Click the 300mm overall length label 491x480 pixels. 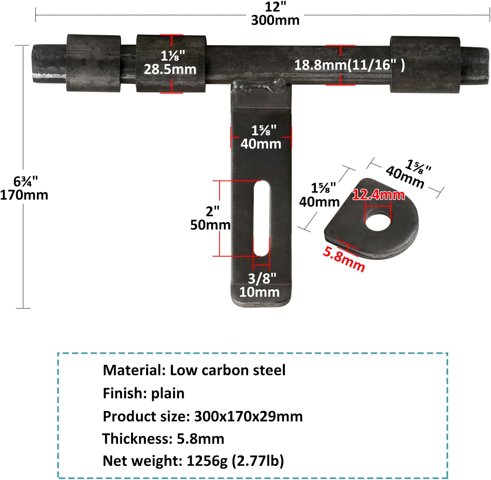pos(275,20)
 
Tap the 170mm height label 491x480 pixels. pos(24,195)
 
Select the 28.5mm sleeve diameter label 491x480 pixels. pos(170,69)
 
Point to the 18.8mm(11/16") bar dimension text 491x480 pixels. pos(350,65)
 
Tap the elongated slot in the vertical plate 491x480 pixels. pos(261,218)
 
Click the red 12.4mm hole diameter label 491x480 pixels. pos(378,195)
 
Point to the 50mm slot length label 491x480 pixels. pos(210,225)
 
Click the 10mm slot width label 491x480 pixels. pos(259,292)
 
